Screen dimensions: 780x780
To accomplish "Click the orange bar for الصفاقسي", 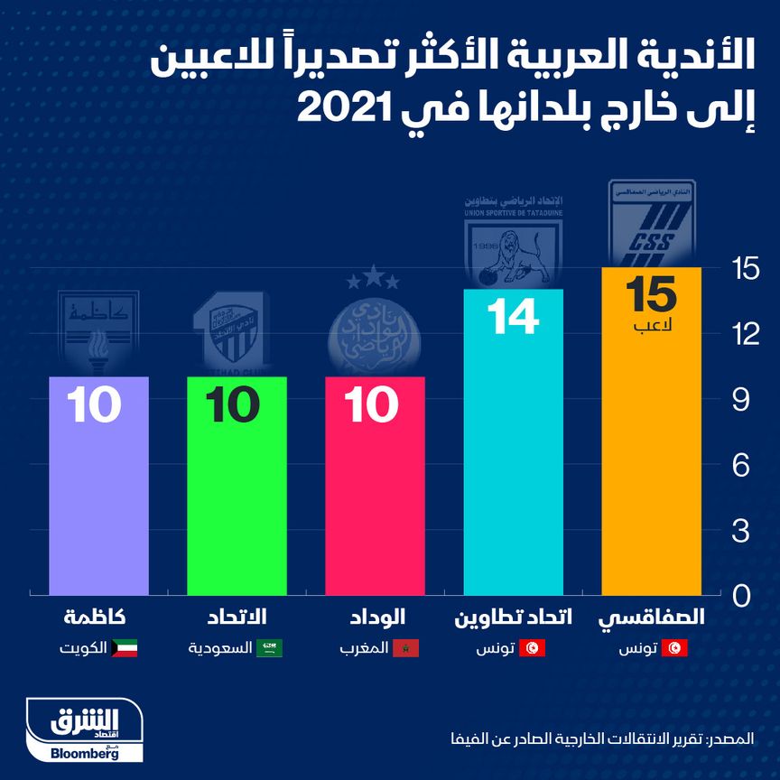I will coord(651,451).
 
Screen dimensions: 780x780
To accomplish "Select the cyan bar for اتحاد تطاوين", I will coord(513,460).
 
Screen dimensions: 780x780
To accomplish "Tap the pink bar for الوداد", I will coord(375,497).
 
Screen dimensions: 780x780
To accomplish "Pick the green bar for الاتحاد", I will coord(237,497).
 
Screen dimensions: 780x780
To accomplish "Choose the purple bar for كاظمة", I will coord(98,497).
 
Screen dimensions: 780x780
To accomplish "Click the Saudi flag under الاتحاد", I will coord(270,648).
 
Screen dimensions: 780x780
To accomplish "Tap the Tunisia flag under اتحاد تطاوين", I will coord(534,648).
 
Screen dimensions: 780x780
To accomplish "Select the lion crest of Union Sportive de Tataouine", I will coord(513,244).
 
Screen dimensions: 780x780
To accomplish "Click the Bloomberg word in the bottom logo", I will coord(85,754).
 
